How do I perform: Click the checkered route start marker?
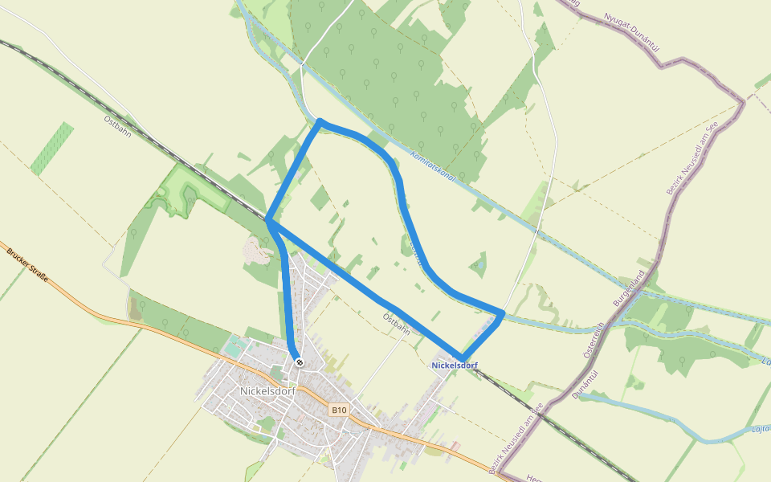pyautogui.click(x=299, y=363)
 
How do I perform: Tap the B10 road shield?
pyautogui.click(x=339, y=411)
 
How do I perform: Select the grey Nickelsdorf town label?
pyautogui.click(x=268, y=391)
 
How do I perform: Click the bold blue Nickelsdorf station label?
pyautogui.click(x=455, y=366)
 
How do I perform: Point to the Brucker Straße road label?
pyautogui.click(x=28, y=265)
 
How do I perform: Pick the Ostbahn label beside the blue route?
pyautogui.click(x=397, y=324)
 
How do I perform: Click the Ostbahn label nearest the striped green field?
pyautogui.click(x=118, y=126)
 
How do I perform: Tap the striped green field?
pyautogui.click(x=53, y=148)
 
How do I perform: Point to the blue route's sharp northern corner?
pyautogui.click(x=320, y=122)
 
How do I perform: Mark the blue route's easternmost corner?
pyautogui.click(x=503, y=312)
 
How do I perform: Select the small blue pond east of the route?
pyautogui.click(x=479, y=263)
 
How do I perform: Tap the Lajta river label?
pyautogui.click(x=760, y=430)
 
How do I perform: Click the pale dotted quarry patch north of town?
pyautogui.click(x=256, y=251)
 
